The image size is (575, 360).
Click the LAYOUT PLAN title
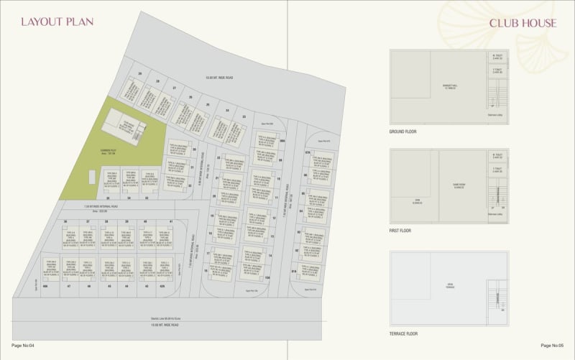[x=57, y=22]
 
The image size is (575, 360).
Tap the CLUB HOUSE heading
[x=523, y=23]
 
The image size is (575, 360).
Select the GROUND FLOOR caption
[x=402, y=132]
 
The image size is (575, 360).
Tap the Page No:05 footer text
[x=553, y=346]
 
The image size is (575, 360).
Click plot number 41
[x=171, y=221]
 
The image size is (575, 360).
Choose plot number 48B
[x=45, y=286]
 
